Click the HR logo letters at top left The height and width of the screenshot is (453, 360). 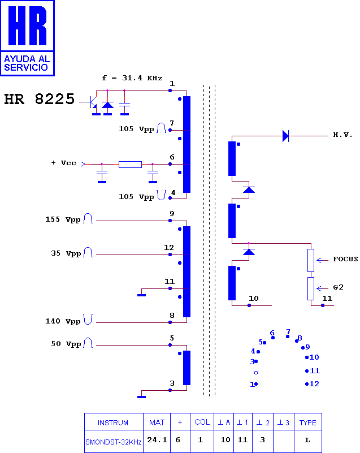pyautogui.click(x=28, y=25)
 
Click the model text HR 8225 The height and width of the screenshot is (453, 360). pyautogui.click(x=39, y=99)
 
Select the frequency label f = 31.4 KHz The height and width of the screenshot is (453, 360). pyautogui.click(x=132, y=78)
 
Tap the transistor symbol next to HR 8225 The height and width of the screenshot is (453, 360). pyautogui.click(x=92, y=102)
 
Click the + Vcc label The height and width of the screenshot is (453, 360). pyautogui.click(x=63, y=163)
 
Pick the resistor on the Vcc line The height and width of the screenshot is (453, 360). pyautogui.click(x=130, y=165)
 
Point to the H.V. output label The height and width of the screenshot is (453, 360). pyautogui.click(x=342, y=135)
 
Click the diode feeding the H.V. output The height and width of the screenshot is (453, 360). pyautogui.click(x=285, y=136)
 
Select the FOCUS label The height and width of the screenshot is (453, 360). pyautogui.click(x=345, y=259)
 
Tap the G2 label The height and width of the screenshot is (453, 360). pyautogui.click(x=338, y=287)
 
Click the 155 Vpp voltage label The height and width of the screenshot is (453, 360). pyautogui.click(x=63, y=219)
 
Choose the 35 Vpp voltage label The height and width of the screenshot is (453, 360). pyautogui.click(x=66, y=254)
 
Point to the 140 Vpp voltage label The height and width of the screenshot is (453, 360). pyautogui.click(x=63, y=321)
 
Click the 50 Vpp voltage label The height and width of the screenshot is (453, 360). pyautogui.click(x=66, y=344)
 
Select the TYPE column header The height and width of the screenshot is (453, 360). pyautogui.click(x=308, y=422)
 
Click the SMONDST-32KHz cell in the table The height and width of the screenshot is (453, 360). pyautogui.click(x=114, y=442)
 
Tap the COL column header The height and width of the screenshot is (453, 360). pyautogui.click(x=202, y=422)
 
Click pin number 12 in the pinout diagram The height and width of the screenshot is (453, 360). pyautogui.click(x=314, y=383)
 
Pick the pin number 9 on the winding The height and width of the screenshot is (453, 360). pyautogui.click(x=172, y=214)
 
